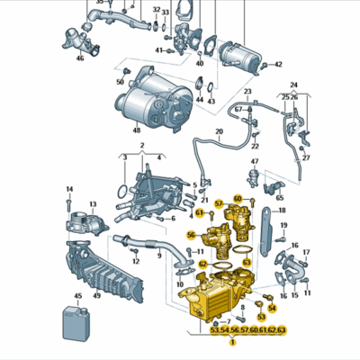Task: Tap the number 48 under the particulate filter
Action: click(x=137, y=130)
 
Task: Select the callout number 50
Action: click(x=120, y=82)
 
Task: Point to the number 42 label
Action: click(x=278, y=65)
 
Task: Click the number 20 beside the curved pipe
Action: click(x=219, y=132)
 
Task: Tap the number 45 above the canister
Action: click(x=78, y=296)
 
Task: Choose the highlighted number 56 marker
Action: click(x=191, y=235)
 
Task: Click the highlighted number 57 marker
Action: click(x=219, y=204)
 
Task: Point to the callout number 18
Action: click(x=283, y=211)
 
